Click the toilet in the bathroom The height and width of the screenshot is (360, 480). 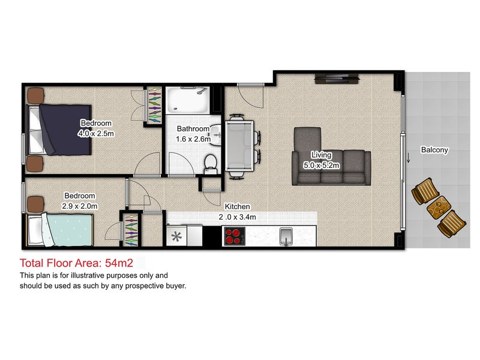(210, 161)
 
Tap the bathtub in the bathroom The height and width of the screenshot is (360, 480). (187, 100)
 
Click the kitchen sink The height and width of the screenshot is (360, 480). (287, 236)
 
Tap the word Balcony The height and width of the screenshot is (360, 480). (434, 150)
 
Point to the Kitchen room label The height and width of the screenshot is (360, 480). (238, 206)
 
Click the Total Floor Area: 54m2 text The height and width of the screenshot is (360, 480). (80, 262)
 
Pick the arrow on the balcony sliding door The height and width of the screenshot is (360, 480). (409, 158)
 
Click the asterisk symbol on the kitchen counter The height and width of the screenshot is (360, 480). (176, 236)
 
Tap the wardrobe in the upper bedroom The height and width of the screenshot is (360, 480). (154, 106)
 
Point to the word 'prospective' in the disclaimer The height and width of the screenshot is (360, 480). (130, 286)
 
